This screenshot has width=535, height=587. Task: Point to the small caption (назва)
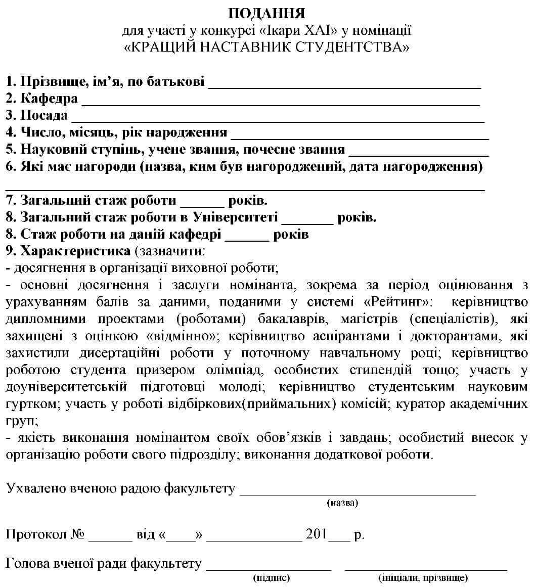point(342,503)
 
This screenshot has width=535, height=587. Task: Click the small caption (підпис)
point(271,577)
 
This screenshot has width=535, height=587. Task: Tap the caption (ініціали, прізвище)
point(423,577)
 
